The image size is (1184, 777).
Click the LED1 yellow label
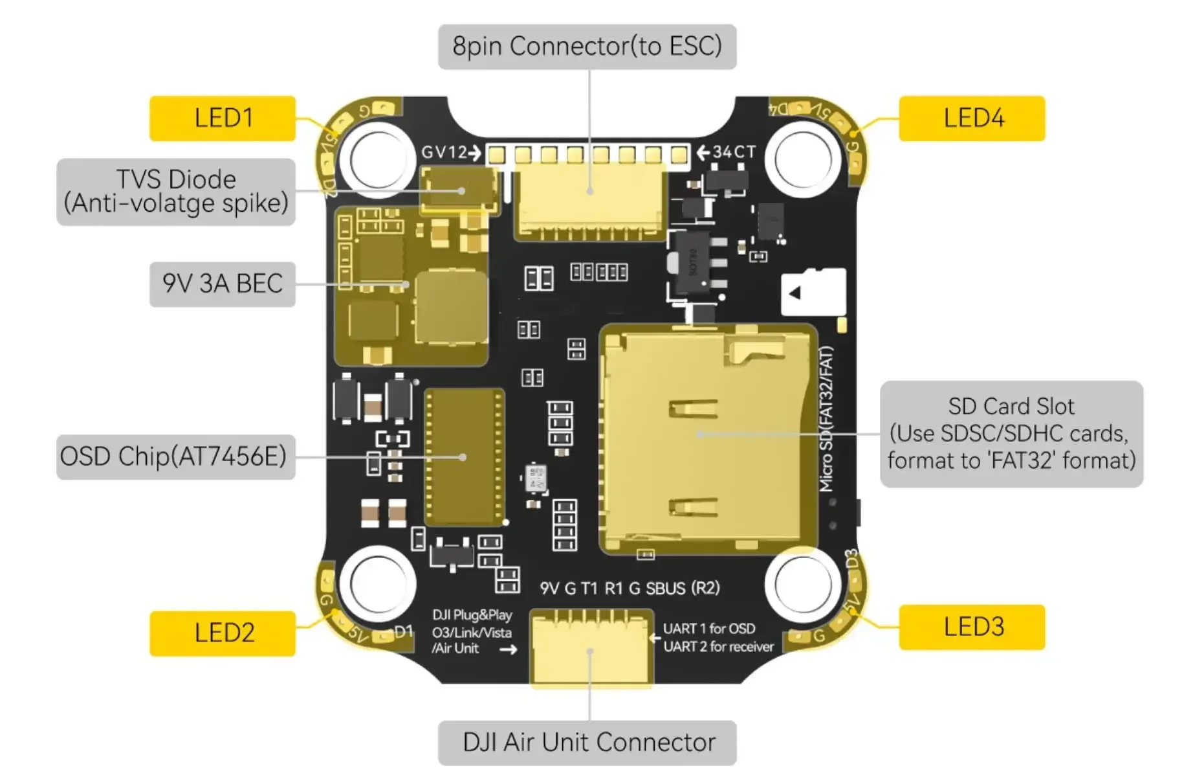point(223,118)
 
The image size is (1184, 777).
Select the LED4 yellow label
point(972,118)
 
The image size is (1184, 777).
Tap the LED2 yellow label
point(223,633)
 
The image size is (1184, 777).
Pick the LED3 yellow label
point(972,627)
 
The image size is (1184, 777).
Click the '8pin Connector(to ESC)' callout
point(587,47)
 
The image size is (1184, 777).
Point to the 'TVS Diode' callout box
point(176,192)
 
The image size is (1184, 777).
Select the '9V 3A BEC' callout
point(223,284)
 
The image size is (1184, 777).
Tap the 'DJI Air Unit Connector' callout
point(587,742)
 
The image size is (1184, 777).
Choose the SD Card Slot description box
point(1011,434)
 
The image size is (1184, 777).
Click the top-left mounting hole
point(378,159)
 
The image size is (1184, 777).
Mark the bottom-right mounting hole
point(802,584)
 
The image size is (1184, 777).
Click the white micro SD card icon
point(813,292)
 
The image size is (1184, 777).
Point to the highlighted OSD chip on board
point(464,456)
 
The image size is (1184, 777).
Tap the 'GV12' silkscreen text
point(444,152)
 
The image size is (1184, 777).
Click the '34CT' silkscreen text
point(734,152)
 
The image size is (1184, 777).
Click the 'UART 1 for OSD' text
point(708,628)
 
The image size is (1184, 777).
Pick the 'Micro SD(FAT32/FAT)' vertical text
point(826,419)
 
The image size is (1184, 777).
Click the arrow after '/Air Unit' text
point(509,649)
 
